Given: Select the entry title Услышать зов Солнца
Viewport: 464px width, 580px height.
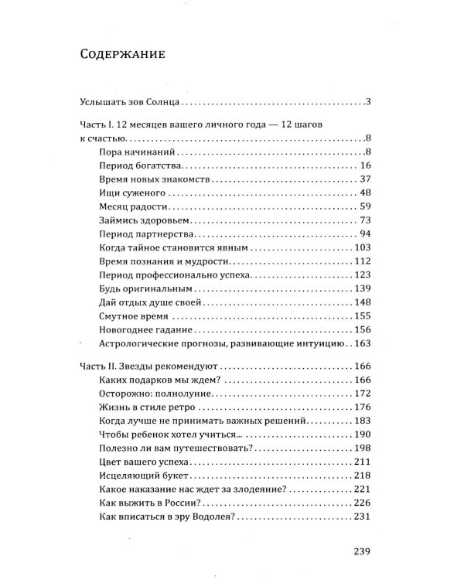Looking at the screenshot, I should tap(131, 103).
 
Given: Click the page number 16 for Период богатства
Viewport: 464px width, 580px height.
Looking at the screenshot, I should tap(367, 166).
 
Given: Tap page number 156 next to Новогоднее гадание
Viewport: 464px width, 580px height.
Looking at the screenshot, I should tap(363, 330).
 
